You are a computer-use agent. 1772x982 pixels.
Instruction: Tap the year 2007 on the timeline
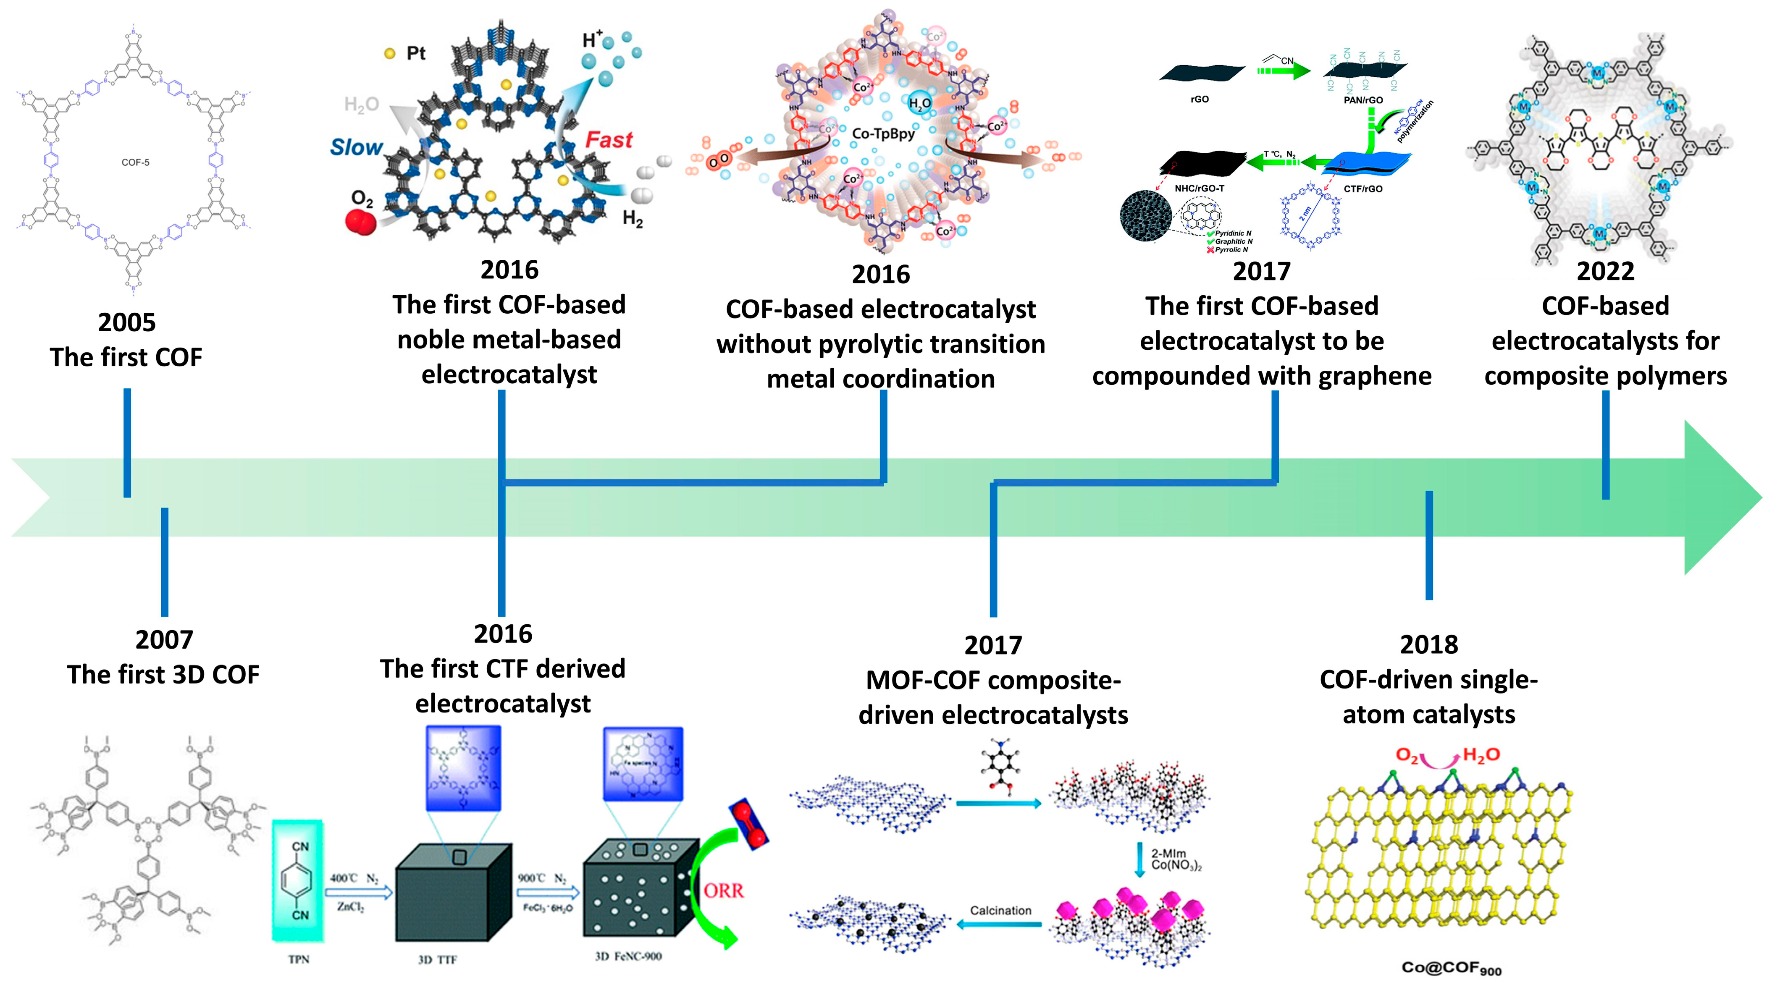point(164,639)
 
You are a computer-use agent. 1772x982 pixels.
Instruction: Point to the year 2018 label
point(1429,644)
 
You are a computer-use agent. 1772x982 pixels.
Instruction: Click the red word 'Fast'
point(608,140)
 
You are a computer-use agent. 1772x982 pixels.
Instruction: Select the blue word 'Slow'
point(356,147)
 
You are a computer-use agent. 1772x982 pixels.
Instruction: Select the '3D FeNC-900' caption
point(628,956)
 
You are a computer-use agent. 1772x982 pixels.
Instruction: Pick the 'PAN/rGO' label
point(1363,100)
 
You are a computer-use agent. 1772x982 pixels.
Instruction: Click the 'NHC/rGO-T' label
point(1199,189)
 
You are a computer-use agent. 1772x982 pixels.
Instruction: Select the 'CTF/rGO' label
point(1363,189)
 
